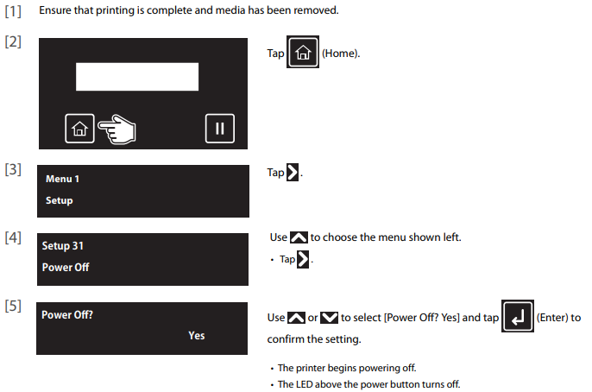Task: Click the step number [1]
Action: [13, 11]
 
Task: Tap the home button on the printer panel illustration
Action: [79, 129]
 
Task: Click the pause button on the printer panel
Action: [220, 129]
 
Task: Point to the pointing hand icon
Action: [117, 130]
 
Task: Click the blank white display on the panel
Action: [137, 77]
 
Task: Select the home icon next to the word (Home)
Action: [303, 52]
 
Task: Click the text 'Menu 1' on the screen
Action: [62, 179]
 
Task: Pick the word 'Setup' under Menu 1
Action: [60, 200]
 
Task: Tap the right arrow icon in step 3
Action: [293, 172]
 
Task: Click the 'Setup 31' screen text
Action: [63, 246]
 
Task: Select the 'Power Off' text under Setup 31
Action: [66, 268]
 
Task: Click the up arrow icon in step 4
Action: [299, 237]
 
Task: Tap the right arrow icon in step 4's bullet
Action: [303, 259]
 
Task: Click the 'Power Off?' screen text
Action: [67, 315]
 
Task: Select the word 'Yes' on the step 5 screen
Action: [197, 335]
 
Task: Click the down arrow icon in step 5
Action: [330, 318]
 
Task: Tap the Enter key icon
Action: [518, 316]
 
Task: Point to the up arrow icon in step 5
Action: [296, 318]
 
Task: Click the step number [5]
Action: [13, 306]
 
